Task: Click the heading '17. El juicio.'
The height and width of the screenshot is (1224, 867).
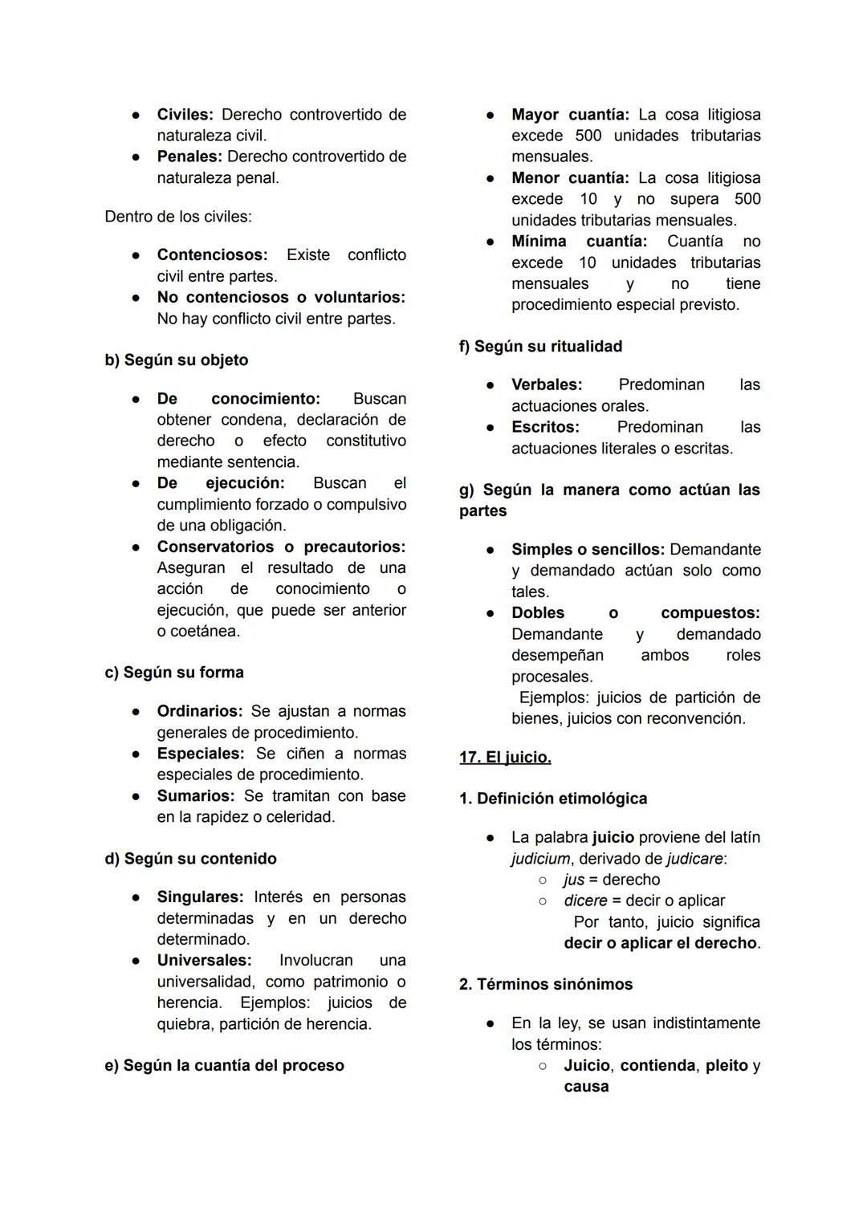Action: (x=505, y=757)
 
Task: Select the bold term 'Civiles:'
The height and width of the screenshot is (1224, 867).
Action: (x=185, y=115)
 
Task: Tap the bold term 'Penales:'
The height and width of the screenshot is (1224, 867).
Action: (x=189, y=157)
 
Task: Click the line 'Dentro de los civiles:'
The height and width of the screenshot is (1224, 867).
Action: (x=178, y=217)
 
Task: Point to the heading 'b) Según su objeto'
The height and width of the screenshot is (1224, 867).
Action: (x=177, y=360)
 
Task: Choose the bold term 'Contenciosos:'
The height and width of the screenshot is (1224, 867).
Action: (x=212, y=255)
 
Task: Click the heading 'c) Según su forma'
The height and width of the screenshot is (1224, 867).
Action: (x=174, y=673)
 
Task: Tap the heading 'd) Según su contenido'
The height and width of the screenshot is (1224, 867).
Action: (x=190, y=859)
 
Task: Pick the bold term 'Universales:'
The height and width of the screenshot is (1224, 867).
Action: (x=204, y=961)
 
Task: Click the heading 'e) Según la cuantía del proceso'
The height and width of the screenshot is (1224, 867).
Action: (x=224, y=1066)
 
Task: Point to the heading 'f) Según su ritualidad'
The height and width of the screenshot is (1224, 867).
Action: (x=540, y=347)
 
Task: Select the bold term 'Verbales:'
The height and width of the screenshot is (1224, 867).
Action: (x=547, y=385)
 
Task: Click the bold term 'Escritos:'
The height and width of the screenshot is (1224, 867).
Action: (x=545, y=428)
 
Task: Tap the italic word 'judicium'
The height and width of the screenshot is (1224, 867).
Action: (x=540, y=859)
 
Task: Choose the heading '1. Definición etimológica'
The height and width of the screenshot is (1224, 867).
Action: (x=553, y=799)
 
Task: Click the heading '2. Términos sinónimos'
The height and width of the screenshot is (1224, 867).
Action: (x=546, y=985)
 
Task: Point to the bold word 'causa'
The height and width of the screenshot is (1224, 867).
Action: (x=586, y=1087)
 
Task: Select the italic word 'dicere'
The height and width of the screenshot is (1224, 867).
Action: (x=584, y=901)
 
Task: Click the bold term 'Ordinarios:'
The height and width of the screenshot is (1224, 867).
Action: (x=199, y=712)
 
